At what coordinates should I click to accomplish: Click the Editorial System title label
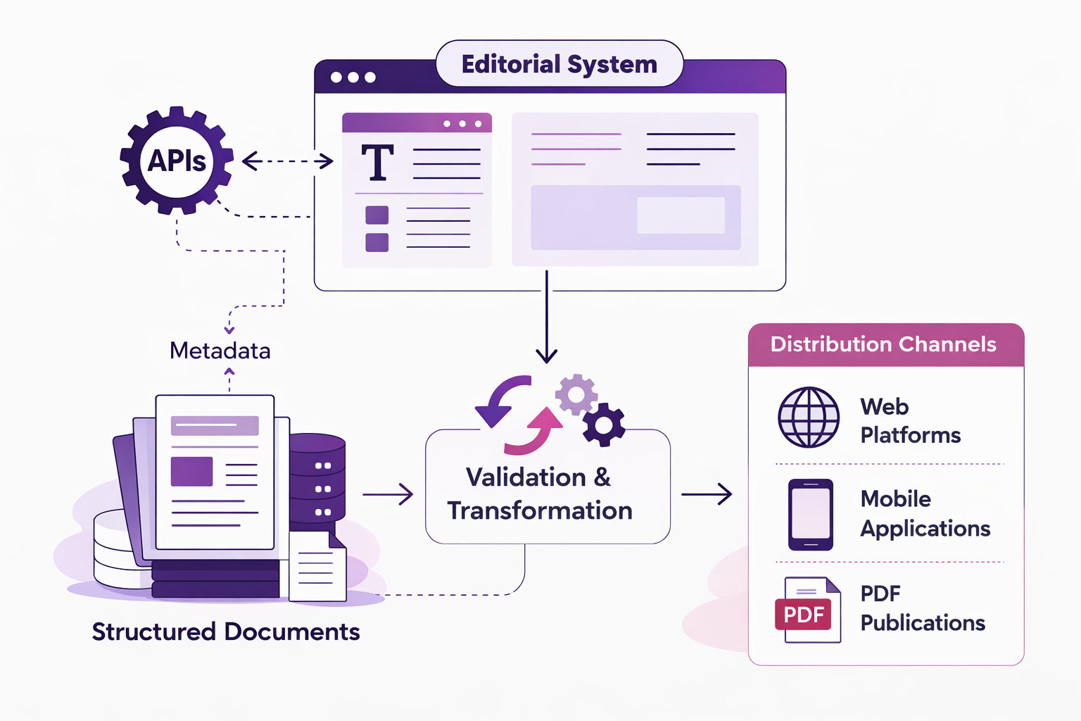pyautogui.click(x=559, y=64)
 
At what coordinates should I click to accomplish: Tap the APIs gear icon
pyautogui.click(x=176, y=161)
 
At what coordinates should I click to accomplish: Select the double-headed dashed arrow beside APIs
pyautogui.click(x=287, y=161)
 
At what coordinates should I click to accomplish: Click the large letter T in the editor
pyautogui.click(x=377, y=163)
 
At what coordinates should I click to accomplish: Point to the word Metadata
pyautogui.click(x=220, y=351)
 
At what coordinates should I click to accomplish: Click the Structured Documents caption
pyautogui.click(x=225, y=632)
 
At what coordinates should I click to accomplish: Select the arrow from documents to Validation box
pyautogui.click(x=388, y=494)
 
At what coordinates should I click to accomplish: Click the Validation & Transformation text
pyautogui.click(x=539, y=494)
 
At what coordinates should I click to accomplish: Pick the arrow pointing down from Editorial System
pyautogui.click(x=546, y=317)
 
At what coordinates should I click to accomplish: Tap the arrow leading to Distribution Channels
pyautogui.click(x=707, y=494)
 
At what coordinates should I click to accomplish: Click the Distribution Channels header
pyautogui.click(x=883, y=344)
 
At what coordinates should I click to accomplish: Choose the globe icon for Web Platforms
pyautogui.click(x=809, y=418)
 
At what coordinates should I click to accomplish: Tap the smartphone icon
pyautogui.click(x=811, y=515)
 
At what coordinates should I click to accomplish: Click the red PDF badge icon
pyautogui.click(x=804, y=614)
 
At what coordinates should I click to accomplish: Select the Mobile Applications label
pyautogui.click(x=925, y=513)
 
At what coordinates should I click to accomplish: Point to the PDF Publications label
pyautogui.click(x=922, y=608)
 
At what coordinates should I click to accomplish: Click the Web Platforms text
pyautogui.click(x=910, y=420)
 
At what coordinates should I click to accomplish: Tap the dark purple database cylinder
pyautogui.click(x=317, y=479)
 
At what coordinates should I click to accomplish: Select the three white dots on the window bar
pyautogui.click(x=353, y=77)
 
